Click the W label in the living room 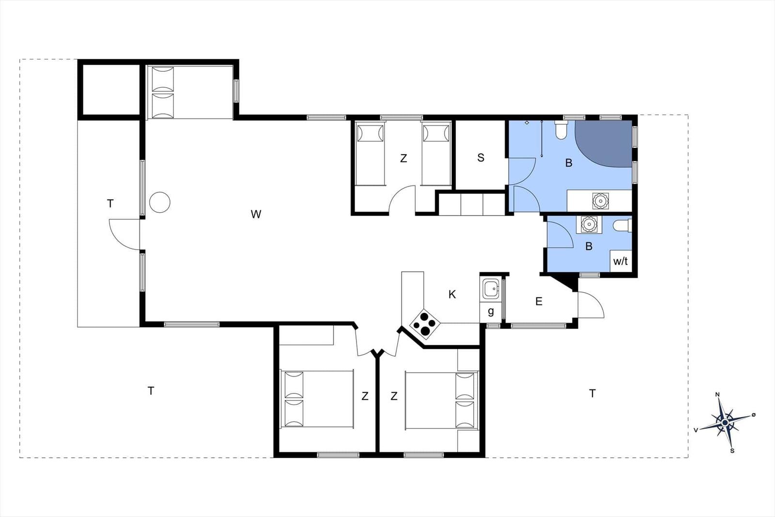256,215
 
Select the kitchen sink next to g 491,289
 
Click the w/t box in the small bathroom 620,261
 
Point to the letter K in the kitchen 452,295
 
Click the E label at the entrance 539,301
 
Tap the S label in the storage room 480,158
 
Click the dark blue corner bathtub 604,143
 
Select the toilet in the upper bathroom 561,130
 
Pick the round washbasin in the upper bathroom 600,201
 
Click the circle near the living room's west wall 160,203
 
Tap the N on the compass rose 717,394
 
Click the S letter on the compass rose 732,451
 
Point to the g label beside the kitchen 491,312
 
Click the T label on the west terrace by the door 110,204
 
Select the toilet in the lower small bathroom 622,226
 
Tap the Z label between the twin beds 403,158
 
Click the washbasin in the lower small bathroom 589,224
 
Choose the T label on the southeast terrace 592,393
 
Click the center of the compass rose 725,423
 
